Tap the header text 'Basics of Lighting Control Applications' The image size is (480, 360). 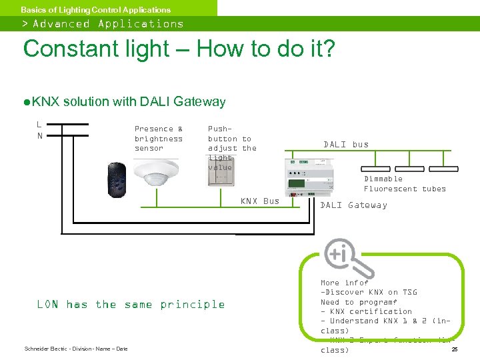click(x=95, y=10)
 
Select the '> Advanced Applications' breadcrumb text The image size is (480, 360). click(x=103, y=24)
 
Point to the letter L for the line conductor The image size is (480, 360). click(x=39, y=124)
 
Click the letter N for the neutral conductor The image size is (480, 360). click(x=39, y=136)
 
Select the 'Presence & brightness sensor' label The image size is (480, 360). click(x=159, y=139)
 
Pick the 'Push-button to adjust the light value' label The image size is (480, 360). click(x=231, y=148)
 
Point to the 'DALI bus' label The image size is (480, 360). click(x=345, y=145)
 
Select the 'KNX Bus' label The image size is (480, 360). click(x=259, y=201)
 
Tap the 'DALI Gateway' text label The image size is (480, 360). click(x=353, y=205)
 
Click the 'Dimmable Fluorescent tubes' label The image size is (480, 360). click(x=405, y=184)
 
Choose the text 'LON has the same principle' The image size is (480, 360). click(x=131, y=305)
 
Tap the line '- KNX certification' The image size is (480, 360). click(x=366, y=311)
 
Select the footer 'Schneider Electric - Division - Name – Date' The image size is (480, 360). click(x=75, y=349)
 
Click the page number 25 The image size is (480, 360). click(x=454, y=349)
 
